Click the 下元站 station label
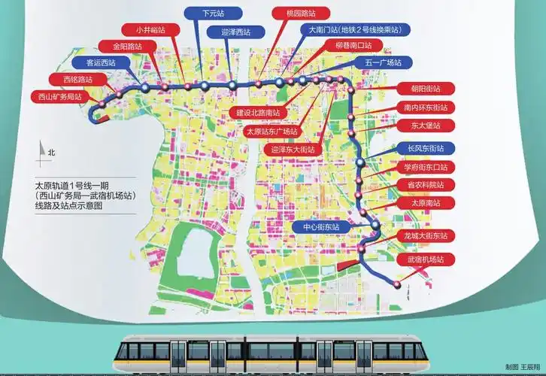(213, 14)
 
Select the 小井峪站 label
(156, 29)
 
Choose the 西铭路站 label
(73, 79)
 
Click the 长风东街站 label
(426, 148)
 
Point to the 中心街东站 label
(321, 226)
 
